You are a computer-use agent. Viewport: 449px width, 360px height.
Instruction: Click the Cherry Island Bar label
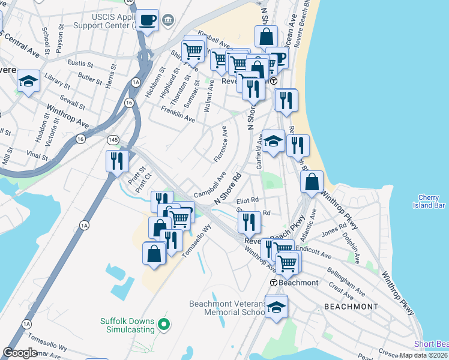[432, 201]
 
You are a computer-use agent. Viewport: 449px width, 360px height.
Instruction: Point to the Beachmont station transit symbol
[274, 283]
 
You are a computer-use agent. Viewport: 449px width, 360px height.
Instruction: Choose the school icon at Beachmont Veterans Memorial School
[276, 308]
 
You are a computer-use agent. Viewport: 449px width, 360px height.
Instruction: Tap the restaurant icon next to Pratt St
[117, 161]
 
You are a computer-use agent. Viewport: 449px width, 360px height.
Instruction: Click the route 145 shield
[113, 139]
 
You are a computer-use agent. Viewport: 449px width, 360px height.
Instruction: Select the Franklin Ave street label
[178, 114]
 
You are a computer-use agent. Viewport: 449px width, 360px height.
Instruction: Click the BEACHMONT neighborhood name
[351, 306]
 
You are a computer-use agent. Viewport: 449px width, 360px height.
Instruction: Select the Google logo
[20, 352]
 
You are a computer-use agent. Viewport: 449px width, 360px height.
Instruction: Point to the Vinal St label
[37, 155]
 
